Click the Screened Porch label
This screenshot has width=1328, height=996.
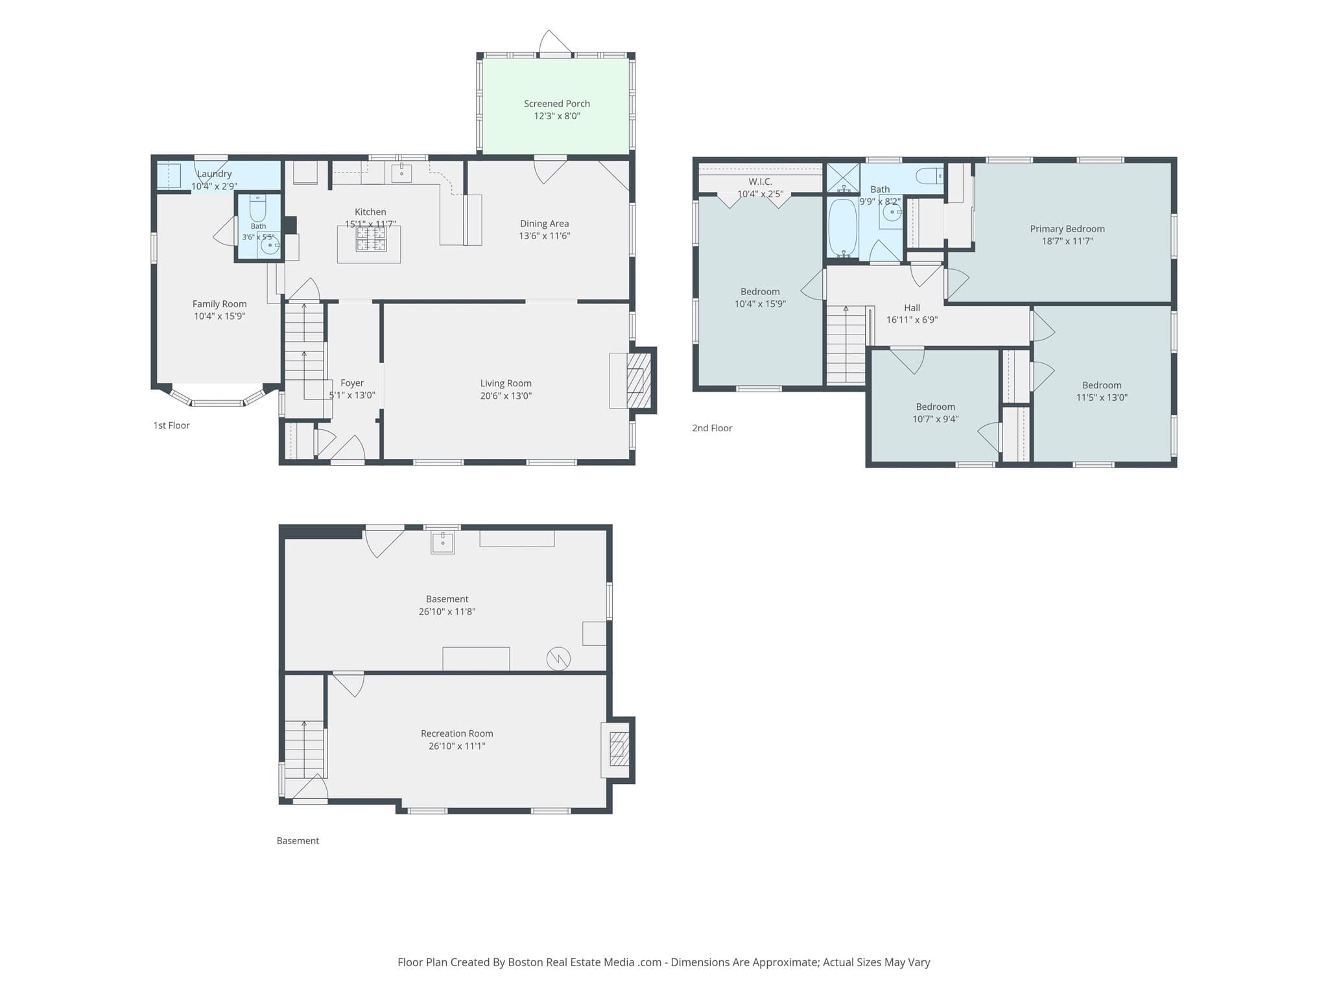click(x=556, y=104)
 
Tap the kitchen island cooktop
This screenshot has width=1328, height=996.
click(x=370, y=239)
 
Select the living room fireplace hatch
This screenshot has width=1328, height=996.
click(x=639, y=380)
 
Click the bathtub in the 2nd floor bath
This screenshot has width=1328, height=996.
click(x=842, y=228)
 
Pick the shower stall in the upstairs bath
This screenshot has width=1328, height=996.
click(x=842, y=178)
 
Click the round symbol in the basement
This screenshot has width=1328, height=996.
click(x=558, y=659)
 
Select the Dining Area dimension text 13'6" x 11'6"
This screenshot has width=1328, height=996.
click(x=544, y=236)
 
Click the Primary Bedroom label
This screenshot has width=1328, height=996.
click(x=1067, y=229)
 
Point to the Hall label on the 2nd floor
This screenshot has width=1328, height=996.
click(x=912, y=308)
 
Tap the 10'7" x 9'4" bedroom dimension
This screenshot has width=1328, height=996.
click(x=935, y=419)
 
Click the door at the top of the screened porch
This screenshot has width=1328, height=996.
click(x=555, y=43)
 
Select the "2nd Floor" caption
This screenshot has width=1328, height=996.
click(x=712, y=428)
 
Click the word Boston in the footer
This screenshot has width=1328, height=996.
click(x=525, y=962)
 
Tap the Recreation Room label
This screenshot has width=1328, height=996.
click(x=456, y=733)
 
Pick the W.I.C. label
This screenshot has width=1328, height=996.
click(x=760, y=182)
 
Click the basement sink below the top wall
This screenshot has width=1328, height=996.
click(x=443, y=542)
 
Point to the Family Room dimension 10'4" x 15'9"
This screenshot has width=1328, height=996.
click(x=219, y=316)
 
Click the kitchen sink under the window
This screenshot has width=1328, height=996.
click(x=401, y=172)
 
